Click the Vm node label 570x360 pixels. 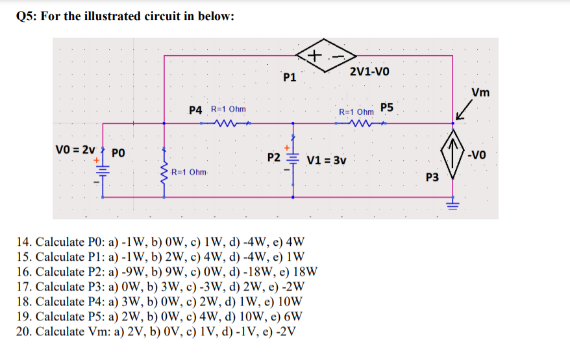pyautogui.click(x=480, y=92)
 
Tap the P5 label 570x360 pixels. pyautogui.click(x=388, y=107)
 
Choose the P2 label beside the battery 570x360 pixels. pyautogui.click(x=273, y=158)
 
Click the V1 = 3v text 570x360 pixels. pyautogui.click(x=327, y=160)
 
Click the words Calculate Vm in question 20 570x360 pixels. pyautogui.click(x=68, y=331)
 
